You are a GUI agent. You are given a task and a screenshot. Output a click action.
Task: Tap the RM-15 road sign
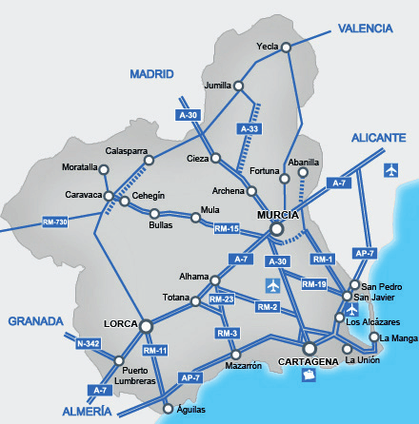[226, 229]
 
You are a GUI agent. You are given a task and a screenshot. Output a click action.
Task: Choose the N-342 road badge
[87, 343]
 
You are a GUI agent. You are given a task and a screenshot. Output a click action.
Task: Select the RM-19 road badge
[315, 284]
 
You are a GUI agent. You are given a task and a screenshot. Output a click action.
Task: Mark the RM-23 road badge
[222, 299]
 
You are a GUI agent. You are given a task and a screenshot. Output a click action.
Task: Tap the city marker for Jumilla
[239, 86]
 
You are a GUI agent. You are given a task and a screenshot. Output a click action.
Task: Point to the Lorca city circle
[147, 326]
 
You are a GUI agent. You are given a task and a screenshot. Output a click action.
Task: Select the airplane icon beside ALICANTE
[390, 169]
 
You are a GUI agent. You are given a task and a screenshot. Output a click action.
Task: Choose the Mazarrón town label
[244, 365]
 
